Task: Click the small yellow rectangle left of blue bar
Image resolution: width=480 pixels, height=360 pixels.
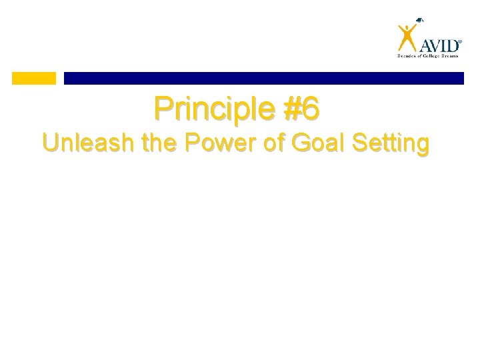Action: pyautogui.click(x=34, y=78)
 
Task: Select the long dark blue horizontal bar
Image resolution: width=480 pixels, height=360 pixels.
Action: pyautogui.click(x=263, y=78)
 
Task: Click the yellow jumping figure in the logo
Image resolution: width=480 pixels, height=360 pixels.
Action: pyautogui.click(x=407, y=37)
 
